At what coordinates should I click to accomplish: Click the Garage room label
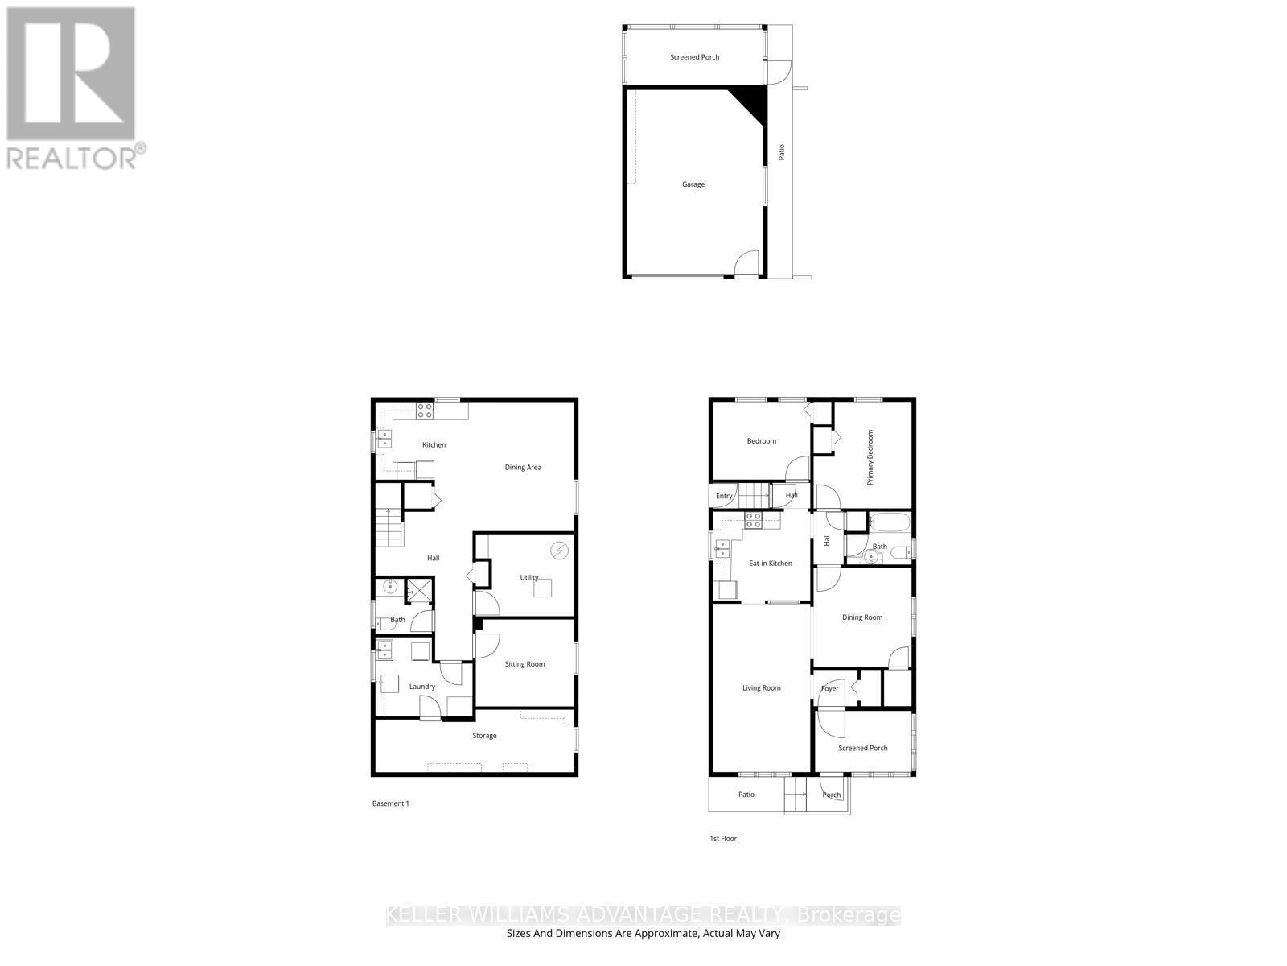[x=693, y=184]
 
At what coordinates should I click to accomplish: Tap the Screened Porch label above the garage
[x=694, y=57]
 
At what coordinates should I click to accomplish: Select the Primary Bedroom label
[x=870, y=456]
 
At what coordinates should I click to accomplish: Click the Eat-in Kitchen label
[x=770, y=563]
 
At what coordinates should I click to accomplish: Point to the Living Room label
[x=761, y=688]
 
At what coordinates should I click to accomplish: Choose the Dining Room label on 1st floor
[x=861, y=617]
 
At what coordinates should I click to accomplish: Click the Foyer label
[x=829, y=689]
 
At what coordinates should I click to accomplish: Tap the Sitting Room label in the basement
[x=524, y=664]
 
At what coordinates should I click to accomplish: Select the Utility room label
[x=528, y=577]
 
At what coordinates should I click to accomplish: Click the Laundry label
[x=421, y=687]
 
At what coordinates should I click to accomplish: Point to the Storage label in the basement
[x=484, y=736]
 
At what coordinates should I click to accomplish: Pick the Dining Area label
[x=523, y=467]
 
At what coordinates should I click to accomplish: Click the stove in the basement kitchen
[x=425, y=411]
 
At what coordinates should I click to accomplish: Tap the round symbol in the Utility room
[x=558, y=551]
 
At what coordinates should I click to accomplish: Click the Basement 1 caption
[x=390, y=803]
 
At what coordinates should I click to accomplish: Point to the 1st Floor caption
[x=722, y=839]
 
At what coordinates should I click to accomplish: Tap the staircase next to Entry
[x=755, y=496]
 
